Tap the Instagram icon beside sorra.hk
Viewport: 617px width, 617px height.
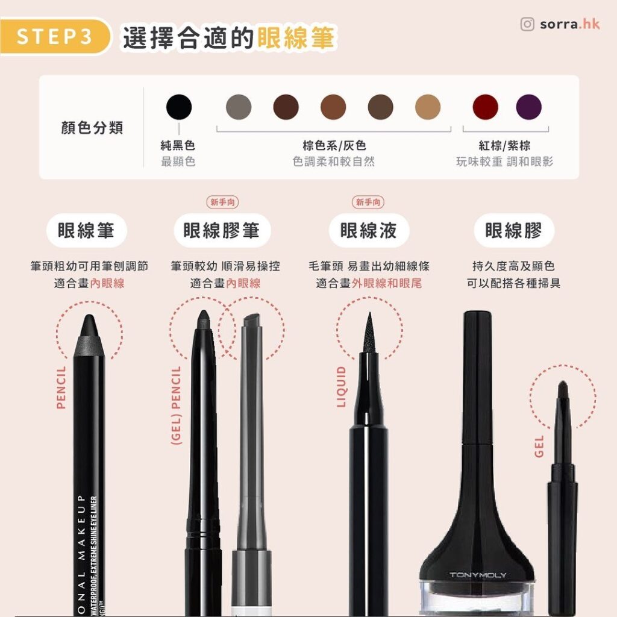[x=527, y=24]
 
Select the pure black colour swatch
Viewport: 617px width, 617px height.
[x=178, y=107]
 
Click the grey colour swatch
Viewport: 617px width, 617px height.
[x=239, y=107]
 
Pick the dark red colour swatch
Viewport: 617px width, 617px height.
[x=486, y=107]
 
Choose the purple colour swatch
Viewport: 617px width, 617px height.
[x=528, y=107]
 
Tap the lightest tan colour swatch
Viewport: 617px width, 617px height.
[x=428, y=107]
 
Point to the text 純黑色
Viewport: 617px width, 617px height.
[x=178, y=146]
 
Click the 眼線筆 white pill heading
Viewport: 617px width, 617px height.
[x=86, y=231]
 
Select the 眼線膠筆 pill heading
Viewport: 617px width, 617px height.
[x=221, y=231]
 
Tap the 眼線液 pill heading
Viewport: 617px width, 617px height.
[x=369, y=231]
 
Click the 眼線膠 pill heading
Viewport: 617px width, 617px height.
[x=513, y=231]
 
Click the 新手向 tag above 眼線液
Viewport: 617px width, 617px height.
[x=368, y=203]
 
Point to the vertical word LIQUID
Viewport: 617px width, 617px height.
[x=342, y=387]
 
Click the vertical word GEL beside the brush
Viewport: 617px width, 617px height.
[x=539, y=446]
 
